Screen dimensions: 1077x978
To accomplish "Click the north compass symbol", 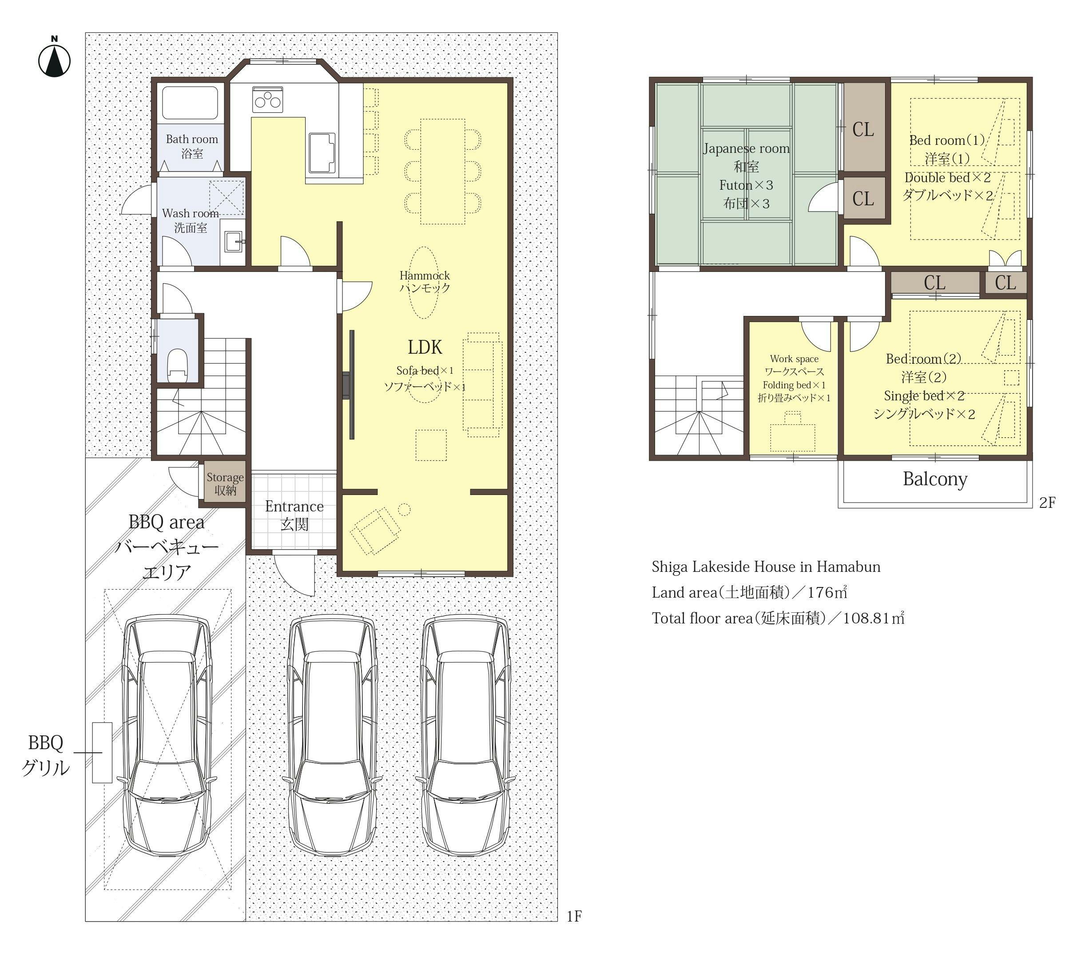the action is [x=55, y=57].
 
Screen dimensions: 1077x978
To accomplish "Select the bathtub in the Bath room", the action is [x=190, y=103].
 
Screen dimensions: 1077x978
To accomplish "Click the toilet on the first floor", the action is [x=178, y=364].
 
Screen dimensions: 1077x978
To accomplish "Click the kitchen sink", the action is [x=322, y=153].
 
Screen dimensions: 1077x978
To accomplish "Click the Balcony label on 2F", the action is [x=935, y=479].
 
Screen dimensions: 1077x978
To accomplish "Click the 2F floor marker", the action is [x=1047, y=503].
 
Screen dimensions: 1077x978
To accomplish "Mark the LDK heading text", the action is [x=425, y=347].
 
